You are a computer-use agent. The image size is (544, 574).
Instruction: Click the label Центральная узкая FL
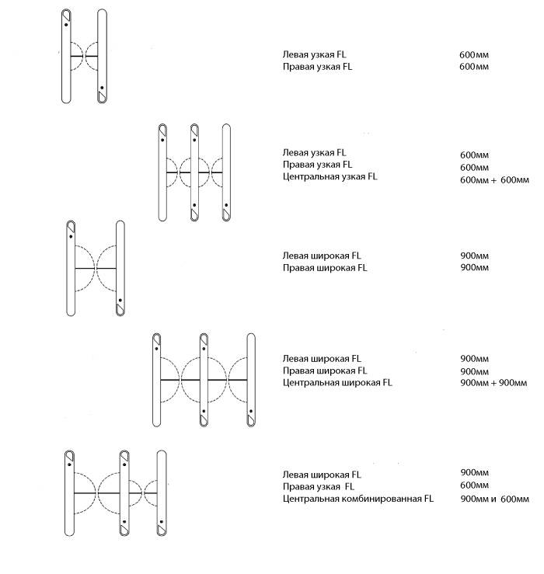tap(330, 177)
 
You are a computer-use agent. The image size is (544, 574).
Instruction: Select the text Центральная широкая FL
tap(337, 383)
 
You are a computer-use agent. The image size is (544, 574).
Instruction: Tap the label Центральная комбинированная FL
tap(357, 499)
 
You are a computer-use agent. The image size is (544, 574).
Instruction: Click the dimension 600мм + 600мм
tap(494, 180)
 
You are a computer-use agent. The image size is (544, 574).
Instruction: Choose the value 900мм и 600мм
tap(494, 499)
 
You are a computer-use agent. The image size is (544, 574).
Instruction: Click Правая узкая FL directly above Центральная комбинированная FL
tap(318, 486)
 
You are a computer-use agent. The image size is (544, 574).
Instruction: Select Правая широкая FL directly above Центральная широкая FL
tap(324, 370)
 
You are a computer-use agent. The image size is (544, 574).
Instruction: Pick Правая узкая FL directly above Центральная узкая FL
tap(317, 165)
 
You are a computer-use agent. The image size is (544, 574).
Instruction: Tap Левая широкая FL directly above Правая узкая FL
tap(322, 474)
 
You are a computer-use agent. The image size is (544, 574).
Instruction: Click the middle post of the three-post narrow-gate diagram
tap(195, 171)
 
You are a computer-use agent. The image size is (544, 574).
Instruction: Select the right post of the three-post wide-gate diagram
tap(251, 379)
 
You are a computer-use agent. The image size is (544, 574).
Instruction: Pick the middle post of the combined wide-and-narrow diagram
tap(124, 492)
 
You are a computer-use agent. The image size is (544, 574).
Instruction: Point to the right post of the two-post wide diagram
tap(120, 268)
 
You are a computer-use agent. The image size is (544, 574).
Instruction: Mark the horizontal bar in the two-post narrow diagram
tap(84, 57)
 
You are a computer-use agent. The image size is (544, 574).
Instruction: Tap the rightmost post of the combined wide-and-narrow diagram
tap(161, 492)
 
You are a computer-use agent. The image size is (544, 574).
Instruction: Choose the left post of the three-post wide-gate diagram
tap(156, 379)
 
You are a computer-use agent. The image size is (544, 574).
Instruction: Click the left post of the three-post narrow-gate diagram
tap(163, 171)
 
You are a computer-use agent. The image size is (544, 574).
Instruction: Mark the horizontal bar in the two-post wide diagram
tap(95, 268)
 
